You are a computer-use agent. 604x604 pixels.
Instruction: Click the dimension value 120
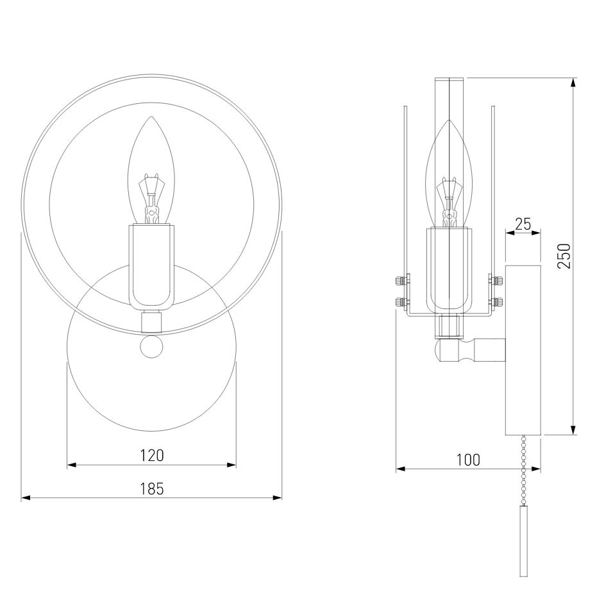click(x=152, y=455)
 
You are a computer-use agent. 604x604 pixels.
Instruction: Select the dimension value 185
click(x=152, y=489)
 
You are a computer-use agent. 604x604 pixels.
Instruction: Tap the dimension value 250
click(x=564, y=256)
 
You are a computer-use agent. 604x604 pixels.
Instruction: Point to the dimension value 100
click(x=468, y=460)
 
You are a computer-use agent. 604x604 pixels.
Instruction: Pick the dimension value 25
click(x=523, y=224)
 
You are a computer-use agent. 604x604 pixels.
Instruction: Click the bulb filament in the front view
click(x=151, y=198)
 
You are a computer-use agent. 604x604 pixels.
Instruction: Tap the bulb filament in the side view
click(x=449, y=201)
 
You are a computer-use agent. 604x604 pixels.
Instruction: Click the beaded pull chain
click(x=523, y=470)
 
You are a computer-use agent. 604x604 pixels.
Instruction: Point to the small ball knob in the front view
click(x=151, y=346)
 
